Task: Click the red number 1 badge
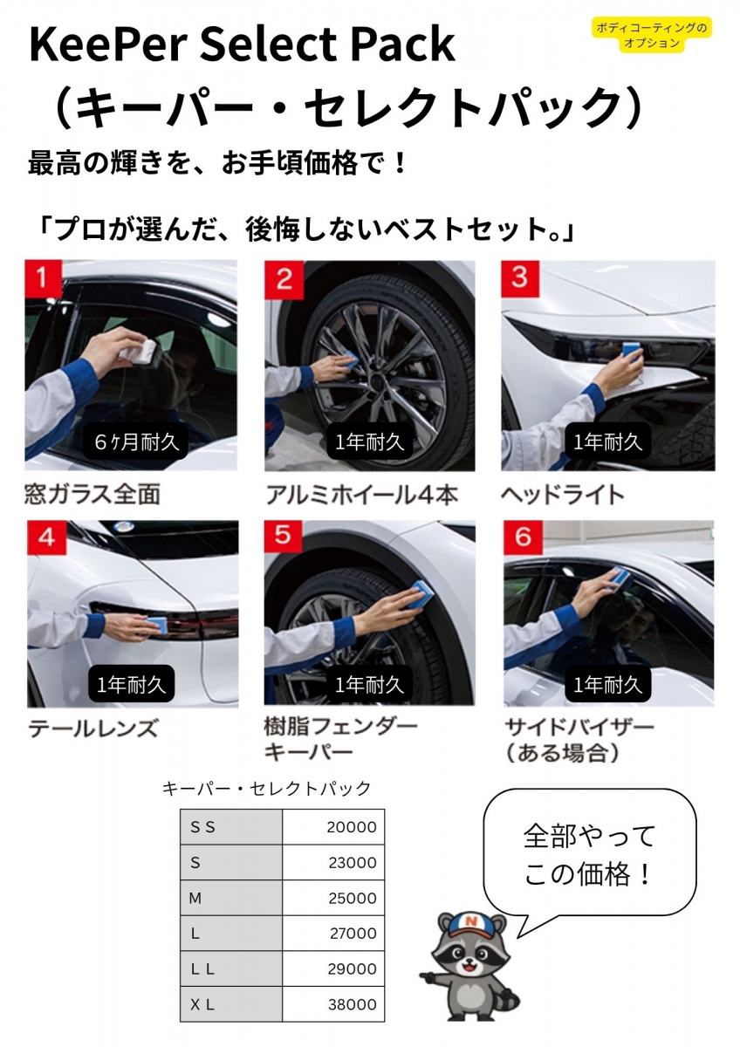[x=43, y=277]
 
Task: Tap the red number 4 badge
[x=46, y=537]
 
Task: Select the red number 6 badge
[x=523, y=537]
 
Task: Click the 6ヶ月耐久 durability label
[x=136, y=441]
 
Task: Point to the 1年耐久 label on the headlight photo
[x=607, y=441]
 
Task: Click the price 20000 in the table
[x=352, y=827]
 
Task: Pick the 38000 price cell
[x=352, y=1004]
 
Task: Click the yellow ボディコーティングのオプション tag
[x=652, y=35]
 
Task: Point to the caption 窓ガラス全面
[x=92, y=495]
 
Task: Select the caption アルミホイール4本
[x=362, y=495]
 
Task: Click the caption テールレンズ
[x=93, y=729]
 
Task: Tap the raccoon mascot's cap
[x=471, y=925]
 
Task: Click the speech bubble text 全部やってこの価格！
[x=588, y=855]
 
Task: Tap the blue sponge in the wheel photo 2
[x=349, y=359]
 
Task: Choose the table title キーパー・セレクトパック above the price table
[x=266, y=789]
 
